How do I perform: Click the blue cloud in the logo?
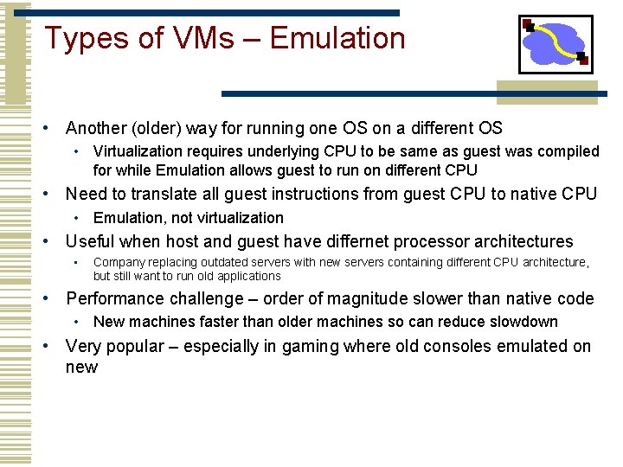[556, 44]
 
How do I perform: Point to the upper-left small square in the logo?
[528, 26]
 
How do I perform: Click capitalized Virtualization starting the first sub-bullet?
[134, 151]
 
